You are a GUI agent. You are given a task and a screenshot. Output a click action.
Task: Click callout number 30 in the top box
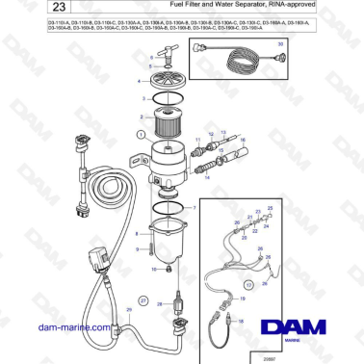[279, 45]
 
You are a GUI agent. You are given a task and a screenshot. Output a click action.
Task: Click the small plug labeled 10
[165, 272]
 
